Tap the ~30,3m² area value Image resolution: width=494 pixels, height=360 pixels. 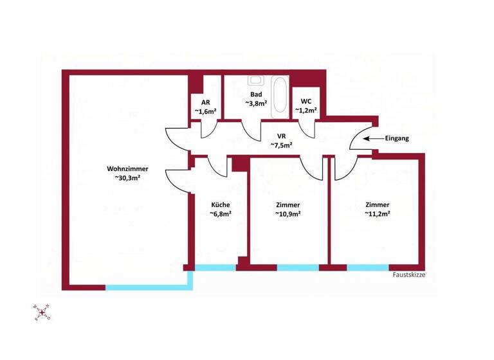(127, 177)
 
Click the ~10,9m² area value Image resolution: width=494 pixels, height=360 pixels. (288, 214)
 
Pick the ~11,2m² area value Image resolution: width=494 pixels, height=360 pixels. (378, 214)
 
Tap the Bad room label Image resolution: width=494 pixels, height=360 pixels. (256, 93)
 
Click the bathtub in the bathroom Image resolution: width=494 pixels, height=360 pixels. (280, 96)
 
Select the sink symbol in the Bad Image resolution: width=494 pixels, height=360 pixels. (256, 80)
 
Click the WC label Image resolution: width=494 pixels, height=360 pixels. (306, 101)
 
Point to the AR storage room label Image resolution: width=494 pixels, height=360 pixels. (205, 102)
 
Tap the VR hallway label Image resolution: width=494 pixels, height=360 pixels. (281, 136)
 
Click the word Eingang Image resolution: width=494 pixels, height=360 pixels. (397, 138)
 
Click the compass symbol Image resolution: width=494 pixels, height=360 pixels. (43, 313)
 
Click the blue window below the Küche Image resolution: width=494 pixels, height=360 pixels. (216, 267)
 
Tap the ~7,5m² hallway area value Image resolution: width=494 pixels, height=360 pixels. (281, 145)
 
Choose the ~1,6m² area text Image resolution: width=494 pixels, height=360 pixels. (205, 111)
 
